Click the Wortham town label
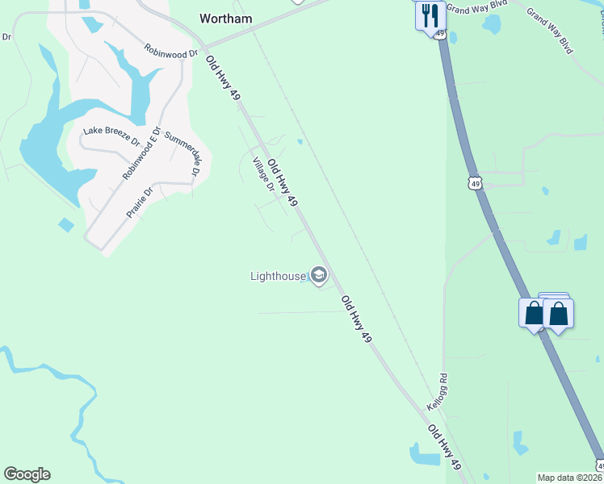click(x=226, y=19)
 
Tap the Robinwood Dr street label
click(x=171, y=50)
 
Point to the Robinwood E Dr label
click(x=142, y=153)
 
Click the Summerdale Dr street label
click(x=182, y=154)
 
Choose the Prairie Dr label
click(x=139, y=203)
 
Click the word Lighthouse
click(x=278, y=277)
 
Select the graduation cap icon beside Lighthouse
click(x=319, y=277)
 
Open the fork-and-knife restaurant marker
click(x=430, y=15)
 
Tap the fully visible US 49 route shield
click(x=476, y=184)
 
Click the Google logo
click(x=27, y=474)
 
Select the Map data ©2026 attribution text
click(x=569, y=478)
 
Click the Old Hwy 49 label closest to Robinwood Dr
click(x=223, y=79)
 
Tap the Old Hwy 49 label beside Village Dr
click(x=283, y=182)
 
